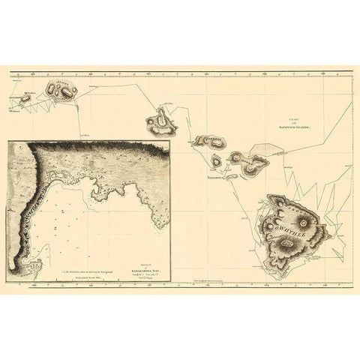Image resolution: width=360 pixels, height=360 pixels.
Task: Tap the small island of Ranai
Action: pos(216,160)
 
